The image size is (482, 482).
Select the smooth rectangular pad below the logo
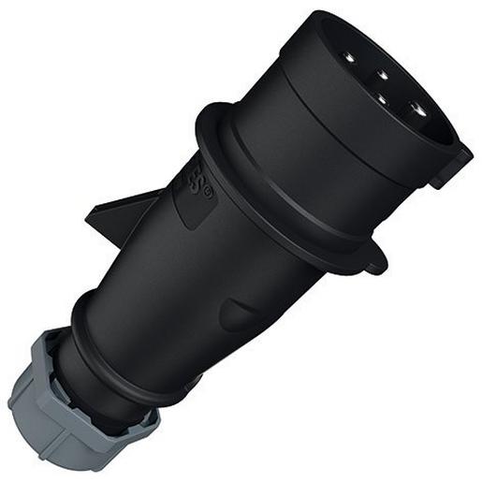pyautogui.click(x=191, y=212)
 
